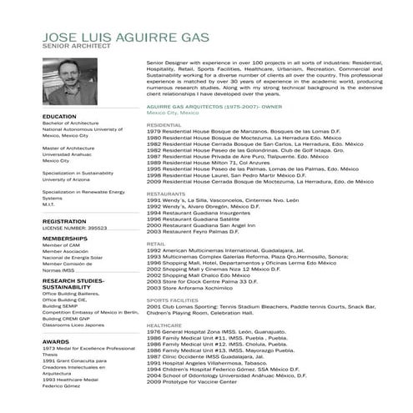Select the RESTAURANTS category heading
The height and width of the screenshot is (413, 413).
click(x=166, y=193)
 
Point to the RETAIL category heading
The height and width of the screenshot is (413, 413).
click(x=156, y=243)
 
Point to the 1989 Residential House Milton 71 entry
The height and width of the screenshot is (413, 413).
click(x=209, y=162)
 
